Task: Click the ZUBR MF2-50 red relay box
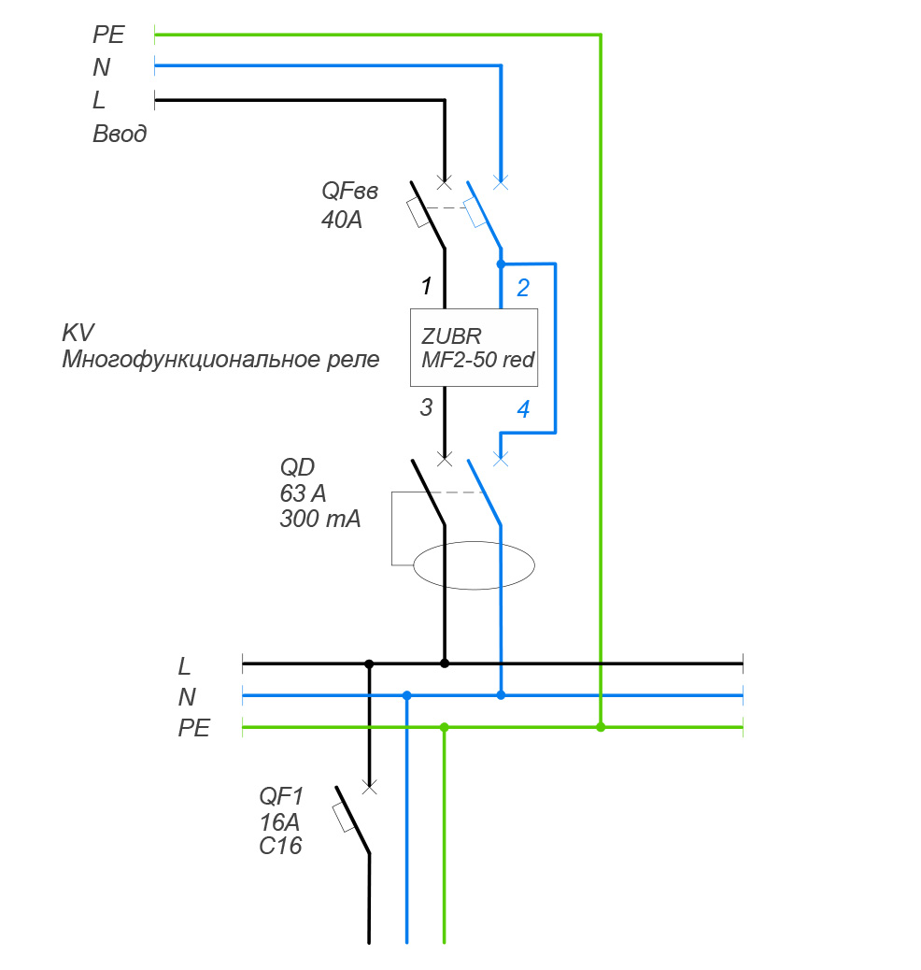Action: pyautogui.click(x=475, y=347)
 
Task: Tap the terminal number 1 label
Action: pyautogui.click(x=426, y=286)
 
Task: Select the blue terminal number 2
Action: pyautogui.click(x=523, y=288)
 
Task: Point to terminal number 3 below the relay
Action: pyautogui.click(x=426, y=407)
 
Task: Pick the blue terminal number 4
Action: pyautogui.click(x=523, y=408)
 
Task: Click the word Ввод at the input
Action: pyautogui.click(x=120, y=134)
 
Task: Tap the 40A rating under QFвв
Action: pyautogui.click(x=341, y=222)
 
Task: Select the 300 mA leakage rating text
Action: pyautogui.click(x=319, y=521)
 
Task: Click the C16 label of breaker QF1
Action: pyautogui.click(x=281, y=847)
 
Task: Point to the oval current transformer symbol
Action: pyautogui.click(x=474, y=564)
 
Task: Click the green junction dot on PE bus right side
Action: pyautogui.click(x=601, y=727)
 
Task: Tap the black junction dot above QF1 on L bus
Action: pyautogui.click(x=369, y=663)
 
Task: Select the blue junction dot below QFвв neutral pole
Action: pyautogui.click(x=501, y=264)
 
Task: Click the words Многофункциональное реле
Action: pyautogui.click(x=220, y=360)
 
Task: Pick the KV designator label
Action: pyautogui.click(x=78, y=333)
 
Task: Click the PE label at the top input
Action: pyautogui.click(x=108, y=36)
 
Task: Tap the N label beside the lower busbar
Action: pyautogui.click(x=187, y=697)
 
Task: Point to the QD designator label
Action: pyautogui.click(x=296, y=466)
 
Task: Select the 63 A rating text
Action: pyautogui.click(x=304, y=493)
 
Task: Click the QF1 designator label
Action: pyautogui.click(x=281, y=797)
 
